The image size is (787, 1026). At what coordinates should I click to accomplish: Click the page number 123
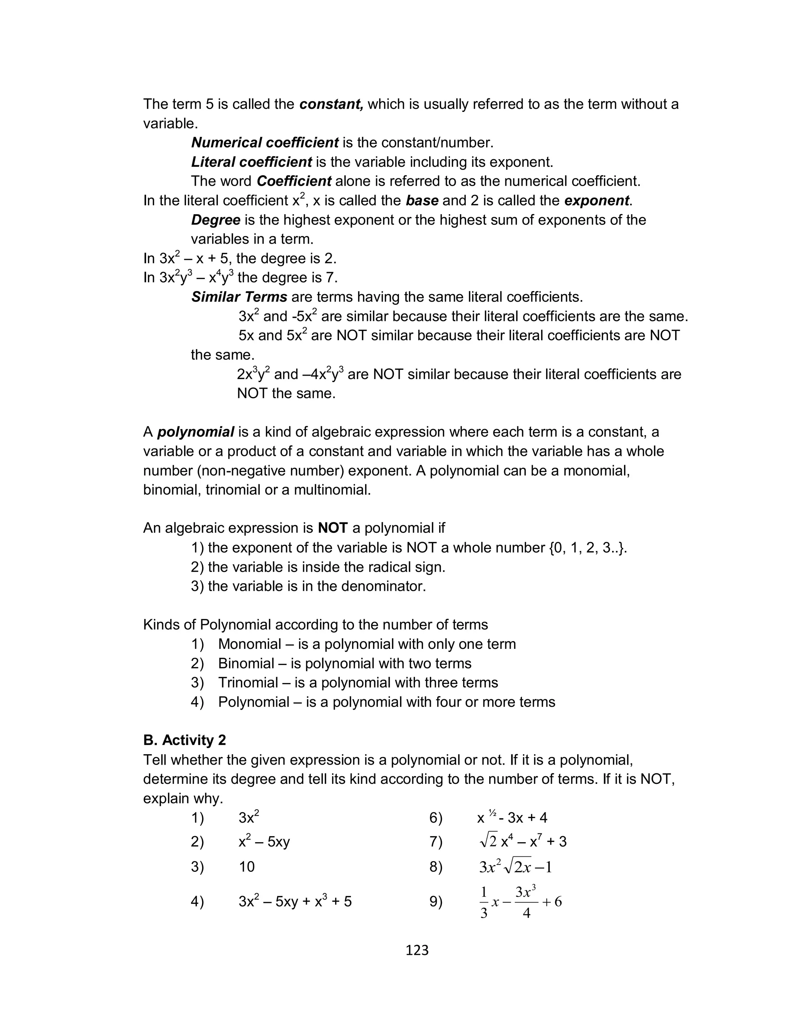[x=417, y=950]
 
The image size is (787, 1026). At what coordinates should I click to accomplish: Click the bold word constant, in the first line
[x=331, y=104]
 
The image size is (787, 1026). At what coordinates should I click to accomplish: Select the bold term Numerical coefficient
[x=265, y=142]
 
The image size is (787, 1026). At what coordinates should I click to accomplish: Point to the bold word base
[x=422, y=201]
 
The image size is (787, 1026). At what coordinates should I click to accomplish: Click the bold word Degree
[x=216, y=220]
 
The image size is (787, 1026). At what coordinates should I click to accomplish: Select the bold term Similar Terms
[x=239, y=297]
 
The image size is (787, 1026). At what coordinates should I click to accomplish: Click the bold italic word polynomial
[x=195, y=432]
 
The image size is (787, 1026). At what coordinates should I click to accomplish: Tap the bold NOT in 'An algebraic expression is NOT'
[x=332, y=528]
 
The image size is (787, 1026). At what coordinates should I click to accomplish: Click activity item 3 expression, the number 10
[x=246, y=867]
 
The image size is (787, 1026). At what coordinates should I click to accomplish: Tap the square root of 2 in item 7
[x=488, y=842]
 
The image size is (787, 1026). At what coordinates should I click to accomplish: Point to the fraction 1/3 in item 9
[x=484, y=902]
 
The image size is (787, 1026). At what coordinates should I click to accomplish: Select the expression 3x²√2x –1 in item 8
[x=515, y=867]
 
